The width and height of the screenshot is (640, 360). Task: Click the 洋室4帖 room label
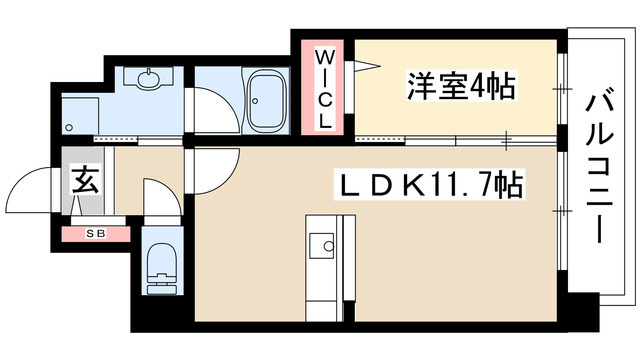tap(460, 88)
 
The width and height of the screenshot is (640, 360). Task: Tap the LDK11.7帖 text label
tap(429, 185)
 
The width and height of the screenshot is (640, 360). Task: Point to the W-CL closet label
tap(326, 87)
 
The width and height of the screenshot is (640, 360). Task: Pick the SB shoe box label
tap(96, 234)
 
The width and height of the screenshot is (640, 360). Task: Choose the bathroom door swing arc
tap(212, 110)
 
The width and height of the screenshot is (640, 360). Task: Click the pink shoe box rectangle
tap(96, 234)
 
